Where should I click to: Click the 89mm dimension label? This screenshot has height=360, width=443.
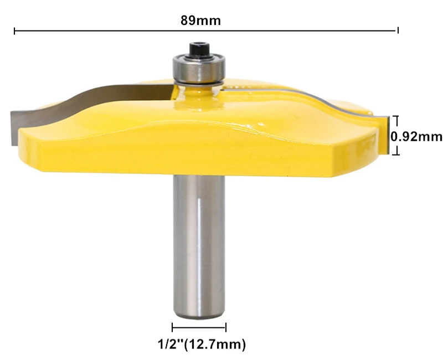200,20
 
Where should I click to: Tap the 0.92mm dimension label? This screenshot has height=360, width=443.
416,137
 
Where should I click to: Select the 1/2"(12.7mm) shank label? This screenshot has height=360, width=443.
202,344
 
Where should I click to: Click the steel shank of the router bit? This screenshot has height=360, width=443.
199,246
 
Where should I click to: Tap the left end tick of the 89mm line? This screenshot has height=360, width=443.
14,30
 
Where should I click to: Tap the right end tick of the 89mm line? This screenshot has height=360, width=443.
398,30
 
